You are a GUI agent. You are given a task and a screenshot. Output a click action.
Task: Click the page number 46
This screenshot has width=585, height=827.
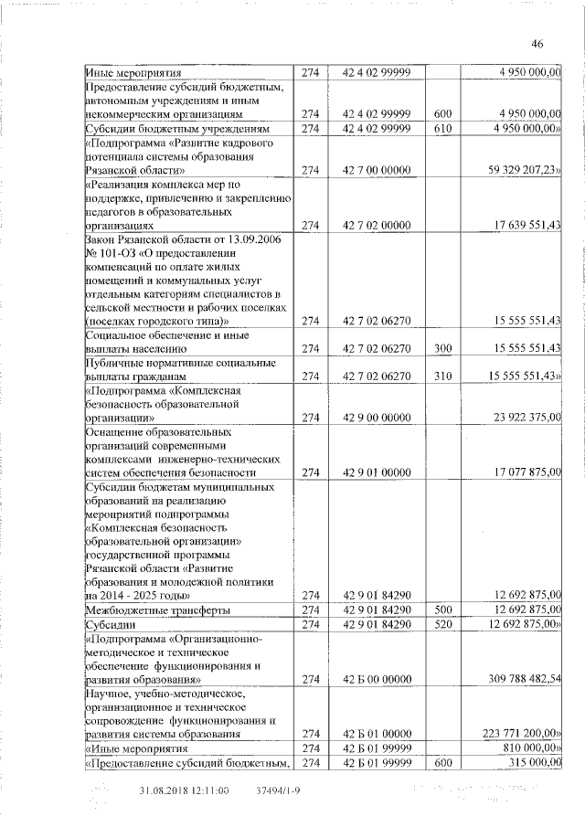(x=537, y=43)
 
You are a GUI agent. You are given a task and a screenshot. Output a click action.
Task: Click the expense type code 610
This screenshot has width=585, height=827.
(x=443, y=129)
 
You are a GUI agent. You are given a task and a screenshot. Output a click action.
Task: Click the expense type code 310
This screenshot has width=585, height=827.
(x=443, y=376)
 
